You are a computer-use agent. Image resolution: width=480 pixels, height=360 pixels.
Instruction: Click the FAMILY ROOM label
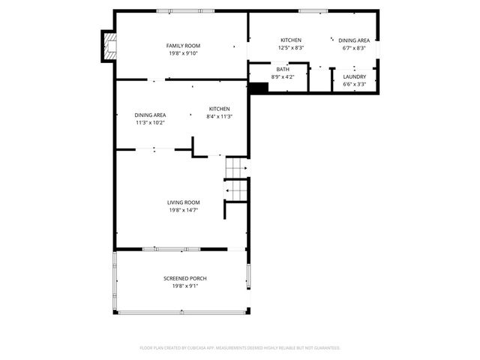[x=183, y=46]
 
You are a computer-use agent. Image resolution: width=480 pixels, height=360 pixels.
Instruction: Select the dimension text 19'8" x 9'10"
[x=183, y=53]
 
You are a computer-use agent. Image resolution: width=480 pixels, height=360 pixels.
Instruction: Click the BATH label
[x=283, y=69]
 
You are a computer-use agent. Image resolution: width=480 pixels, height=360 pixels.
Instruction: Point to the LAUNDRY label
[x=354, y=76]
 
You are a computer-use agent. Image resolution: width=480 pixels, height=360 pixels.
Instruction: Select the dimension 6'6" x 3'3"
[x=354, y=84]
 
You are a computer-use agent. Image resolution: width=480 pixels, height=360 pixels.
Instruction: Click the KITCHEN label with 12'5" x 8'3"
[x=291, y=40]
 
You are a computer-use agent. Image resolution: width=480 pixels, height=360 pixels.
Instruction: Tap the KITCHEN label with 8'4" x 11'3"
[x=220, y=109]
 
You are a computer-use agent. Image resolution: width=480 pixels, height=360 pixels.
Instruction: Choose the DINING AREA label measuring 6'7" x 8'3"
[x=353, y=40]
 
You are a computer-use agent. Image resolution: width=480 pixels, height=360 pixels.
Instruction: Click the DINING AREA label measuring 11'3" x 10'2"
[x=150, y=115]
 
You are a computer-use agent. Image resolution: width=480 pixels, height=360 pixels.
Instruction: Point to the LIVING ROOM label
[x=183, y=202]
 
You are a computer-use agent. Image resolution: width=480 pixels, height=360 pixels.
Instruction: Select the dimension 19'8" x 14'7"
[x=183, y=210]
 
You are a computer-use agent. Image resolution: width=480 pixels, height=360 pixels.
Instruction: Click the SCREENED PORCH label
[x=184, y=278]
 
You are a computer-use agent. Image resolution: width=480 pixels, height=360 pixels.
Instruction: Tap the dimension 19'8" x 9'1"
[x=184, y=286]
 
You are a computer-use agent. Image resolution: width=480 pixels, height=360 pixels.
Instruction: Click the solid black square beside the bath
[x=258, y=88]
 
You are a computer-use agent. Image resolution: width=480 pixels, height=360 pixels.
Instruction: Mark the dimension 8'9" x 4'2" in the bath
[x=283, y=76]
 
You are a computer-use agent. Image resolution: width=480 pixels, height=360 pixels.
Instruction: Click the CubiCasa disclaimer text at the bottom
[x=240, y=348]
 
